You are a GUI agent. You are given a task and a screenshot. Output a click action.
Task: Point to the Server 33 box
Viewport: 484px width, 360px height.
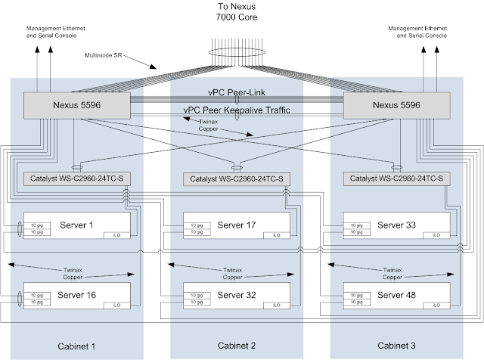[x=396, y=225]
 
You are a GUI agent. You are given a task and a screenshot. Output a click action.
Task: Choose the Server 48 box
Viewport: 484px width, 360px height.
[x=396, y=294]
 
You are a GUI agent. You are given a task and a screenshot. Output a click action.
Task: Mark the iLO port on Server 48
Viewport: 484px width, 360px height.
[x=436, y=305]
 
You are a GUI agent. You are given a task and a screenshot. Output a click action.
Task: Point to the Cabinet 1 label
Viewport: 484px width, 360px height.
[x=77, y=346]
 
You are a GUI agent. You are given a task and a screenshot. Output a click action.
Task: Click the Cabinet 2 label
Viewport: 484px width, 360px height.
[x=236, y=346]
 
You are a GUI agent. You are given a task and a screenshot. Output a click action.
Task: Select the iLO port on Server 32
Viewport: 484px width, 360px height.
[x=278, y=305]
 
